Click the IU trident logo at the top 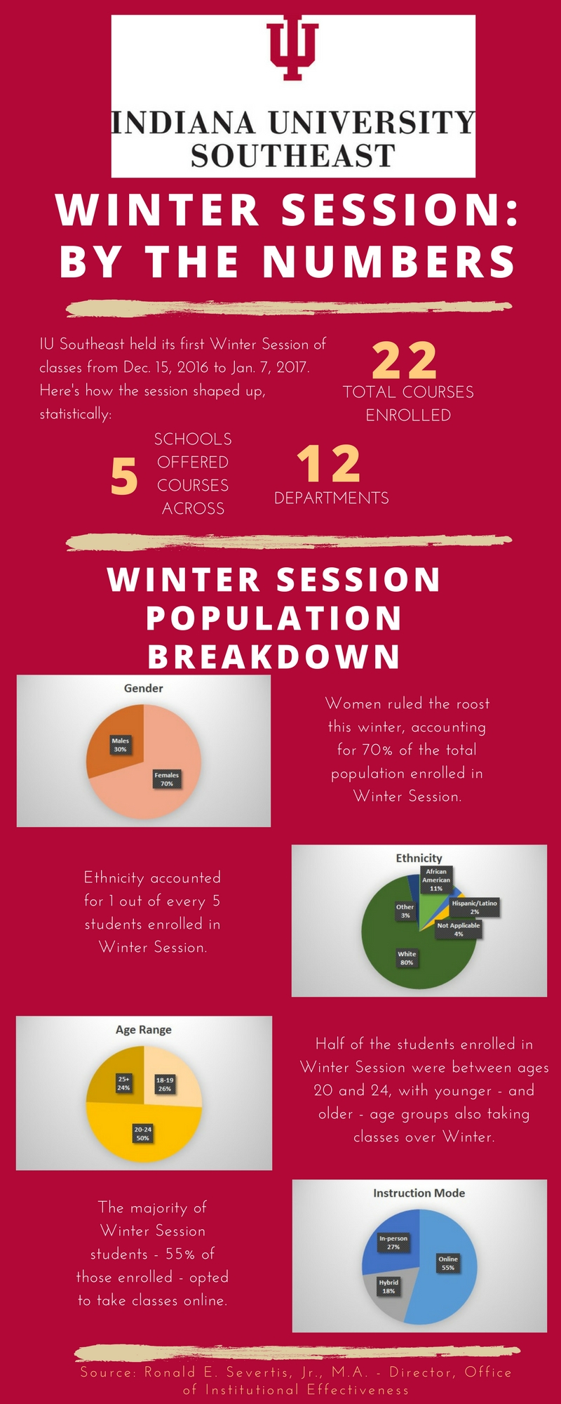pyautogui.click(x=292, y=51)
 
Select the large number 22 pyautogui.click(x=405, y=360)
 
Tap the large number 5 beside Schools pyautogui.click(x=124, y=476)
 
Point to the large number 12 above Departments pyautogui.click(x=329, y=464)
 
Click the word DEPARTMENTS pyautogui.click(x=332, y=498)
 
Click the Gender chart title pyautogui.click(x=144, y=689)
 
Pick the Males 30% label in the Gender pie pyautogui.click(x=121, y=745)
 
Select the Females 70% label pyautogui.click(x=167, y=779)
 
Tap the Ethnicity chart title pyautogui.click(x=419, y=858)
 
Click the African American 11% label pyautogui.click(x=436, y=880)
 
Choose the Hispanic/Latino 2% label pyautogui.click(x=475, y=907)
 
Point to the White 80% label pyautogui.click(x=407, y=958)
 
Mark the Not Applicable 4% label pyautogui.click(x=459, y=929)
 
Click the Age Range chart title pyautogui.click(x=144, y=1030)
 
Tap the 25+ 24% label pyautogui.click(x=124, y=1083)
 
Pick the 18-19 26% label pyautogui.click(x=165, y=1085)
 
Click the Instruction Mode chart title pyautogui.click(x=419, y=1193)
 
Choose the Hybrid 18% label pyautogui.click(x=388, y=1286)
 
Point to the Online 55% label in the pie pyautogui.click(x=448, y=1263)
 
